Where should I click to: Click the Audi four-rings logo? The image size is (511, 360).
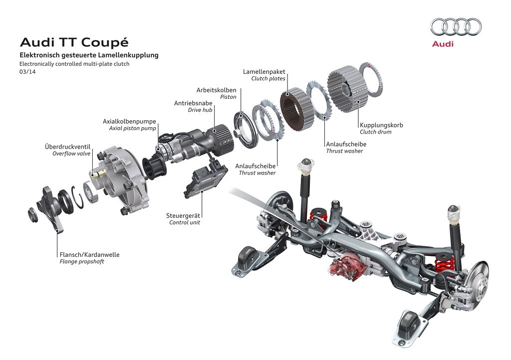(456, 27)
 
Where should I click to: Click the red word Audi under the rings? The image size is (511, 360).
(443, 44)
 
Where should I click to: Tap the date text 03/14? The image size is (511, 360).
(27, 72)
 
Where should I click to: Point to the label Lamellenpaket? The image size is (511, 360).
(264, 72)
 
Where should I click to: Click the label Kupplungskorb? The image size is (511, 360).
(381, 125)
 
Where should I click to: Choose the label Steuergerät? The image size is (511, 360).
(183, 215)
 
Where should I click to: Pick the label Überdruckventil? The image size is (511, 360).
(67, 147)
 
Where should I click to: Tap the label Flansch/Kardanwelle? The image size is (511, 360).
(89, 255)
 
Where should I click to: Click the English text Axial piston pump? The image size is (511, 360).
(132, 128)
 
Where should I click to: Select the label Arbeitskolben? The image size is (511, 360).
(216, 90)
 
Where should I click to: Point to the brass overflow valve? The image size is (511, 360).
(100, 175)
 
